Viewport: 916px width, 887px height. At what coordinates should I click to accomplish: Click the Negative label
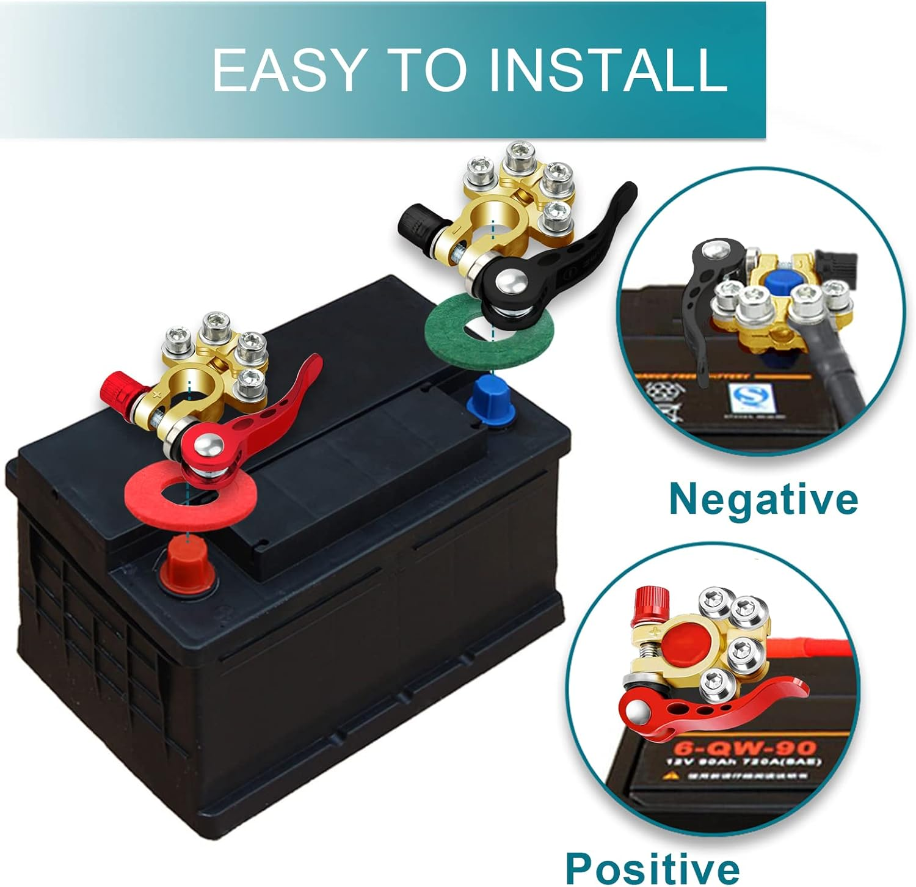(x=763, y=498)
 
